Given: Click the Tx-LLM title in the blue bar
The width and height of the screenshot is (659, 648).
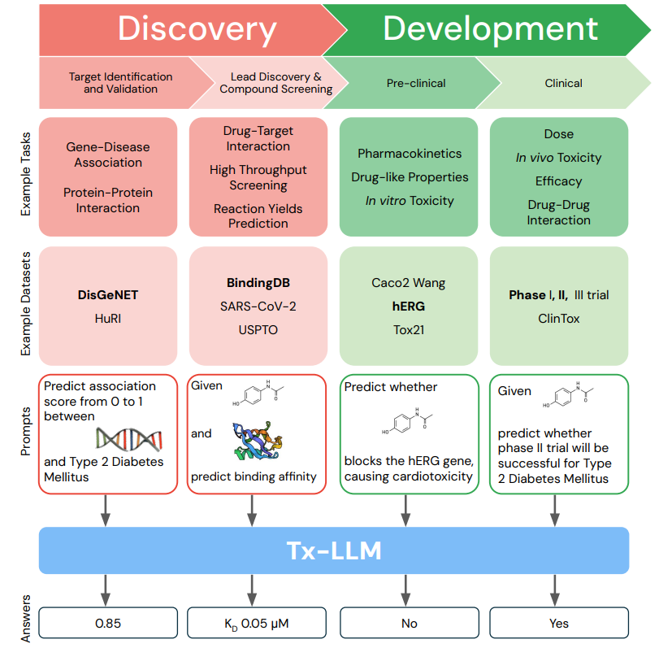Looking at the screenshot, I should click(334, 550).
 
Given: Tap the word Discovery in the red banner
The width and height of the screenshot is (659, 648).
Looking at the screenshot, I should click(197, 28).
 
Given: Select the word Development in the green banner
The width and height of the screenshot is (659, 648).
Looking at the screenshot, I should click(490, 28).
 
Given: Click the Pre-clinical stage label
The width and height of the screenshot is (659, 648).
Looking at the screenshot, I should click(416, 83).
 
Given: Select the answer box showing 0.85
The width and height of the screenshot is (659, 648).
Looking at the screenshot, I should click(107, 624).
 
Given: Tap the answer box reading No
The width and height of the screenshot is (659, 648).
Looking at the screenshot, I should click(409, 624).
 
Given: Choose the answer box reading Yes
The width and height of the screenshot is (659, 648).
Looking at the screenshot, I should click(558, 624).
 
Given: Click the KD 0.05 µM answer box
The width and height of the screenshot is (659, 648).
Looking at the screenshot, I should click(258, 624).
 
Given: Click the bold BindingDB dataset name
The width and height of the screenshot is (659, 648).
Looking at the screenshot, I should click(258, 284).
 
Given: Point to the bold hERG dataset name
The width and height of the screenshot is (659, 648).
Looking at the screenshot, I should click(409, 307).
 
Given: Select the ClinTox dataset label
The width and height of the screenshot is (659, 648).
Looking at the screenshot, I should click(558, 319).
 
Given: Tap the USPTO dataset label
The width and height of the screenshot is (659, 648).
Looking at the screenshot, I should click(258, 329).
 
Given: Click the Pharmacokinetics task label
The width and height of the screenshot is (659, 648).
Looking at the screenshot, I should click(409, 154).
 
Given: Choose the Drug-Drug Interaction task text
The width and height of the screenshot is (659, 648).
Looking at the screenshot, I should click(558, 212).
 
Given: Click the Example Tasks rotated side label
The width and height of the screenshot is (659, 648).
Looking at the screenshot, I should click(24, 174).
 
